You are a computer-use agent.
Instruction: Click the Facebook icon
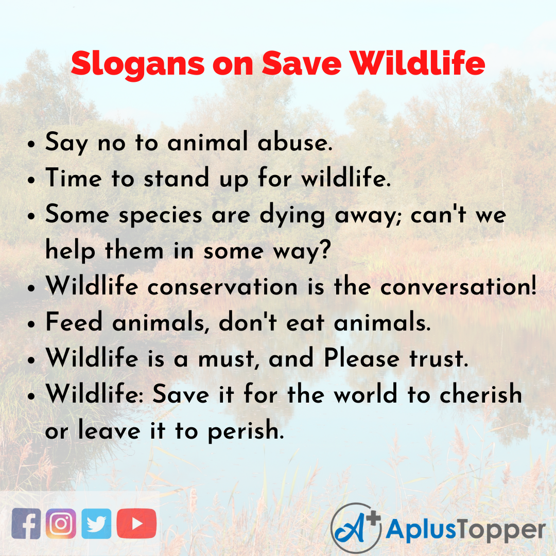pyautogui.click(x=26, y=524)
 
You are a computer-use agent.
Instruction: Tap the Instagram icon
pyautogui.click(x=61, y=524)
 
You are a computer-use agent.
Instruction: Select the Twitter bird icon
pyautogui.click(x=96, y=524)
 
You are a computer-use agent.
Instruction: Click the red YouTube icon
pyautogui.click(x=136, y=524)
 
